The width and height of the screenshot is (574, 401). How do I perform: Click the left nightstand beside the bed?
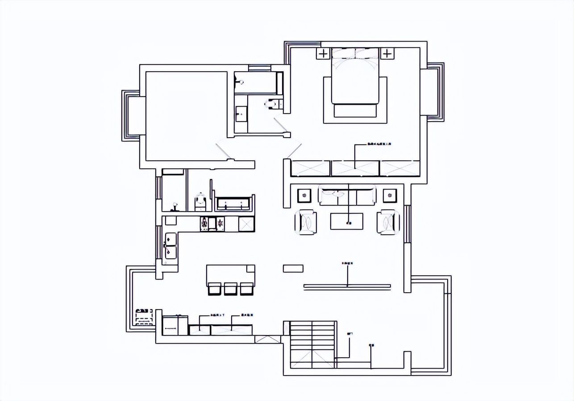(323, 54)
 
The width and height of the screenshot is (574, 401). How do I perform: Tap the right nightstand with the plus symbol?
(387, 54)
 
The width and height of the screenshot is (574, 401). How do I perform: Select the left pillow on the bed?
(344, 53)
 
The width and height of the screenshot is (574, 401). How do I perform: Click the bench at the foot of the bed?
(355, 110)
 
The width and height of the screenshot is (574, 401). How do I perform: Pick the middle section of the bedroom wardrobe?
(355, 168)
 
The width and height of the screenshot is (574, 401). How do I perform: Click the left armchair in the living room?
(306, 222)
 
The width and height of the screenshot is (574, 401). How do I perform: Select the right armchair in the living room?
(388, 222)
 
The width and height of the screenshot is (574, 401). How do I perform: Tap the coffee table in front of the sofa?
(347, 221)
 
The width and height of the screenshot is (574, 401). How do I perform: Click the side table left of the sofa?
(304, 195)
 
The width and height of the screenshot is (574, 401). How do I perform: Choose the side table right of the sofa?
(390, 195)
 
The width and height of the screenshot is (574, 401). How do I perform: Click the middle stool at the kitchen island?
(230, 289)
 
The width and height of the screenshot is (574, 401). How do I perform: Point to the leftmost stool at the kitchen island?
(215, 289)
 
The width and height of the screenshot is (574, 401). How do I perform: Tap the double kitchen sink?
(171, 246)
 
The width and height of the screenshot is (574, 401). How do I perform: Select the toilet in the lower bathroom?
(200, 201)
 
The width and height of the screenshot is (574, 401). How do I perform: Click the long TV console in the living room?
(347, 287)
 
